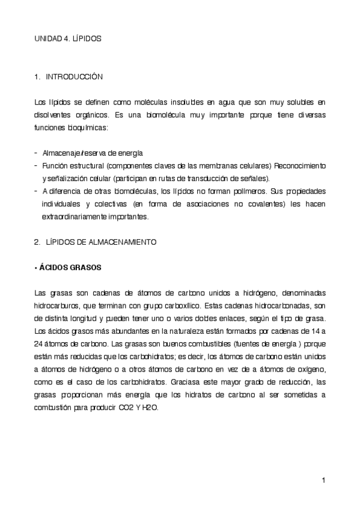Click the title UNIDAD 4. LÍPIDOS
click(67, 38)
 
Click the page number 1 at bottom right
click(323, 479)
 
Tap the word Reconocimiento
click(300, 165)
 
